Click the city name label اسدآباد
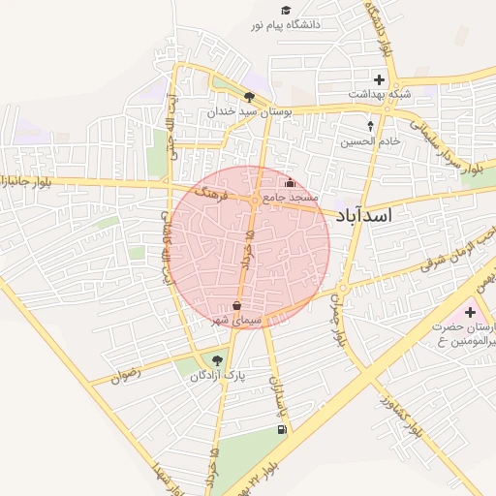coord(363,217)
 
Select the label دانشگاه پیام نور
coord(299,23)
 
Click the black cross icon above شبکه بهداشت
coord(379,79)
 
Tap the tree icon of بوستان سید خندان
coord(250,97)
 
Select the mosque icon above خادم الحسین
coord(369,125)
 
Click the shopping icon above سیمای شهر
coord(237,305)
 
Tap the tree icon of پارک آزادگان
coord(217,360)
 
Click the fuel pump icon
coord(282,429)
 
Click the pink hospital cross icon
coord(470,312)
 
